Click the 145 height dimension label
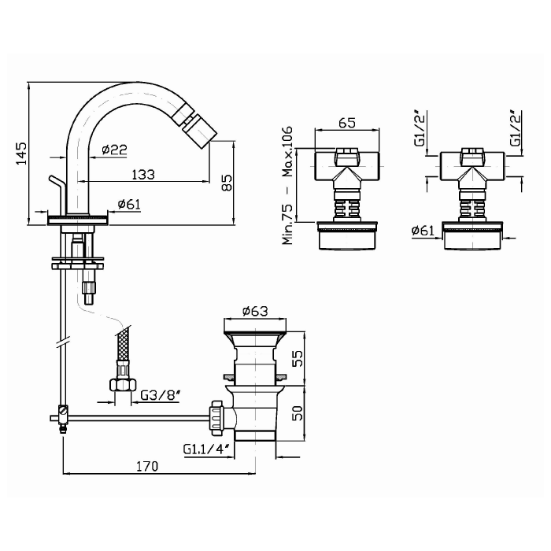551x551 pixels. coord(21,153)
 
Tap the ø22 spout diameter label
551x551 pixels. coord(115,150)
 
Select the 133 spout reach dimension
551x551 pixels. coord(143,174)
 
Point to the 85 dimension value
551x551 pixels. coord(227,183)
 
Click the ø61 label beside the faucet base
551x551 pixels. coord(129,204)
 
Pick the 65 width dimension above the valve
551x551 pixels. coord(347,123)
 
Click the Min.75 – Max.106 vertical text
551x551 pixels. coord(287,185)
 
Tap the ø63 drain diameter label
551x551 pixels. coord(255,311)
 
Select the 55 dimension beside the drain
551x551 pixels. coord(298,358)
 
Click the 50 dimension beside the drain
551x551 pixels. coord(298,413)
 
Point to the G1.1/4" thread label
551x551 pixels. coord(206,449)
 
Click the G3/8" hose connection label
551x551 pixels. coord(161,396)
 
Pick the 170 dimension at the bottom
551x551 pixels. coord(148,466)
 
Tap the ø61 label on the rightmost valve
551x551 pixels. coord(423,231)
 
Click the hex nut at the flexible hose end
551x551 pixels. coord(123,384)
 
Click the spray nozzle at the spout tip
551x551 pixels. coord(195,125)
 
